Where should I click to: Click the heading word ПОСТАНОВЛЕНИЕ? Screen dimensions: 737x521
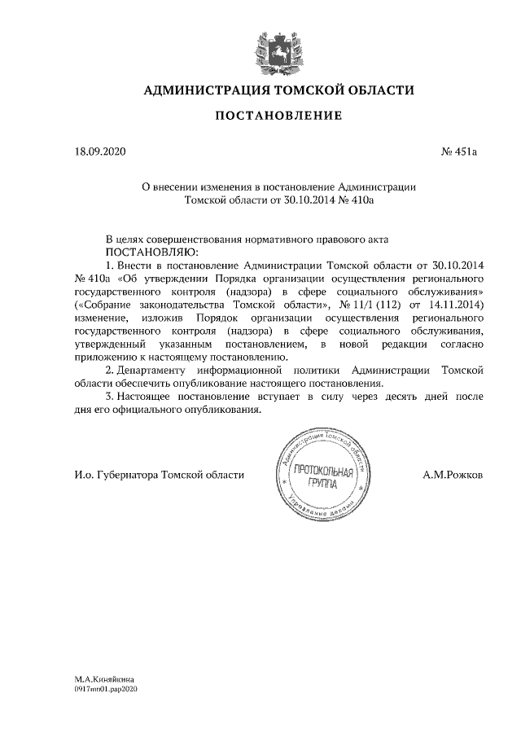click(278, 117)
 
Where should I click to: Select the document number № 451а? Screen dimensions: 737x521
click(458, 151)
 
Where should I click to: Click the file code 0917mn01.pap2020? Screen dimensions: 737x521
click(107, 688)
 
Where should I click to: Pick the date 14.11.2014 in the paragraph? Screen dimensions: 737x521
click(458, 304)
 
